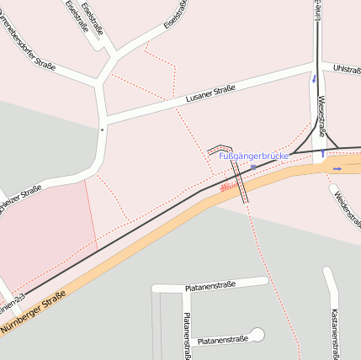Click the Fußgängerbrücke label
(x=253, y=156)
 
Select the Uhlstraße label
(x=346, y=67)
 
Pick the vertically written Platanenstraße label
(x=187, y=335)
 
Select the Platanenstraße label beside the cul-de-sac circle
(x=222, y=341)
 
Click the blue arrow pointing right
(x=337, y=168)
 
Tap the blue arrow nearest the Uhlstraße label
(x=314, y=79)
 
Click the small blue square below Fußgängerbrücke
(x=252, y=167)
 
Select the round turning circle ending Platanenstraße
(x=257, y=335)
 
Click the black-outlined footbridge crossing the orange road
(x=241, y=182)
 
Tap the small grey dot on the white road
(x=102, y=130)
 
